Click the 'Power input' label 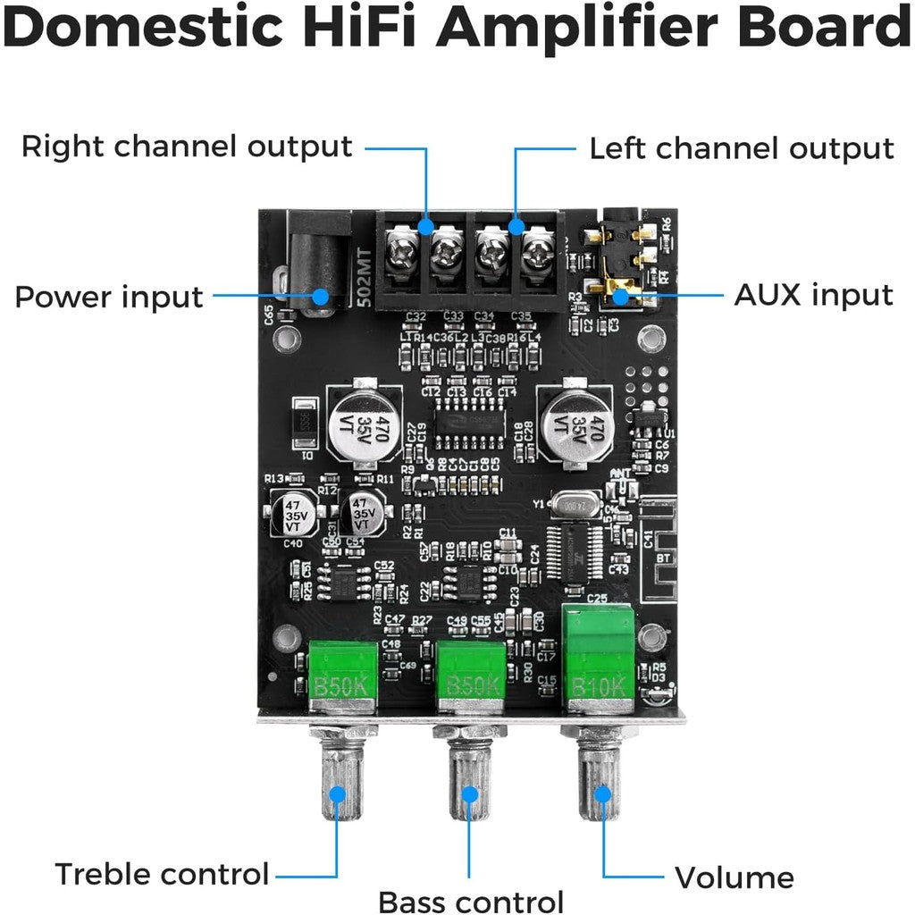[109, 296]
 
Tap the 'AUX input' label [813, 294]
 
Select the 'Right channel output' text [187, 147]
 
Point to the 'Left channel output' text [742, 148]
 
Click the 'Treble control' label [162, 874]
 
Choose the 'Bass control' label [471, 902]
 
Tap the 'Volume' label [734, 878]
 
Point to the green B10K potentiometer [597, 659]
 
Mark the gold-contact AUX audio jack [621, 268]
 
